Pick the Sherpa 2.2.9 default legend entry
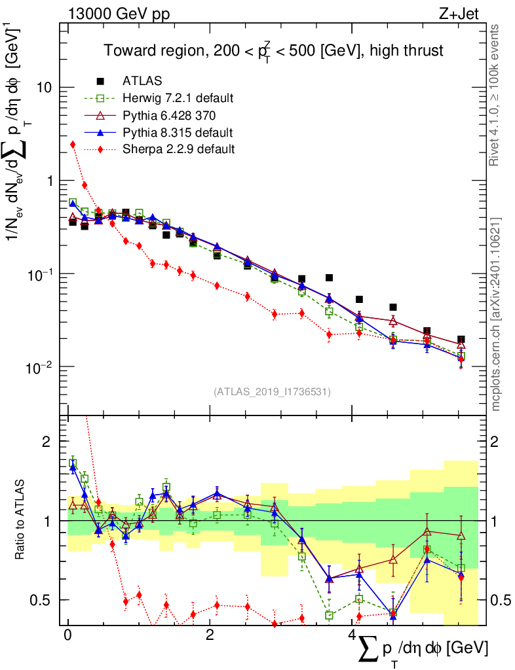[x=178, y=149]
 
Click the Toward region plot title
[x=275, y=50]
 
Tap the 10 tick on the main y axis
[x=45, y=88]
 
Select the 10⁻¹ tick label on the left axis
[x=41, y=273]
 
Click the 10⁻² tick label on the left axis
[x=41, y=366]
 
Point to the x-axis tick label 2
[x=209, y=636]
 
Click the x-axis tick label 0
[x=67, y=636]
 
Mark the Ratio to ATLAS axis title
[x=22, y=521]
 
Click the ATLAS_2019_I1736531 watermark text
[x=272, y=392]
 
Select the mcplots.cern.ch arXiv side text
[x=495, y=314]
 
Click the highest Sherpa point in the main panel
[x=73, y=144]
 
